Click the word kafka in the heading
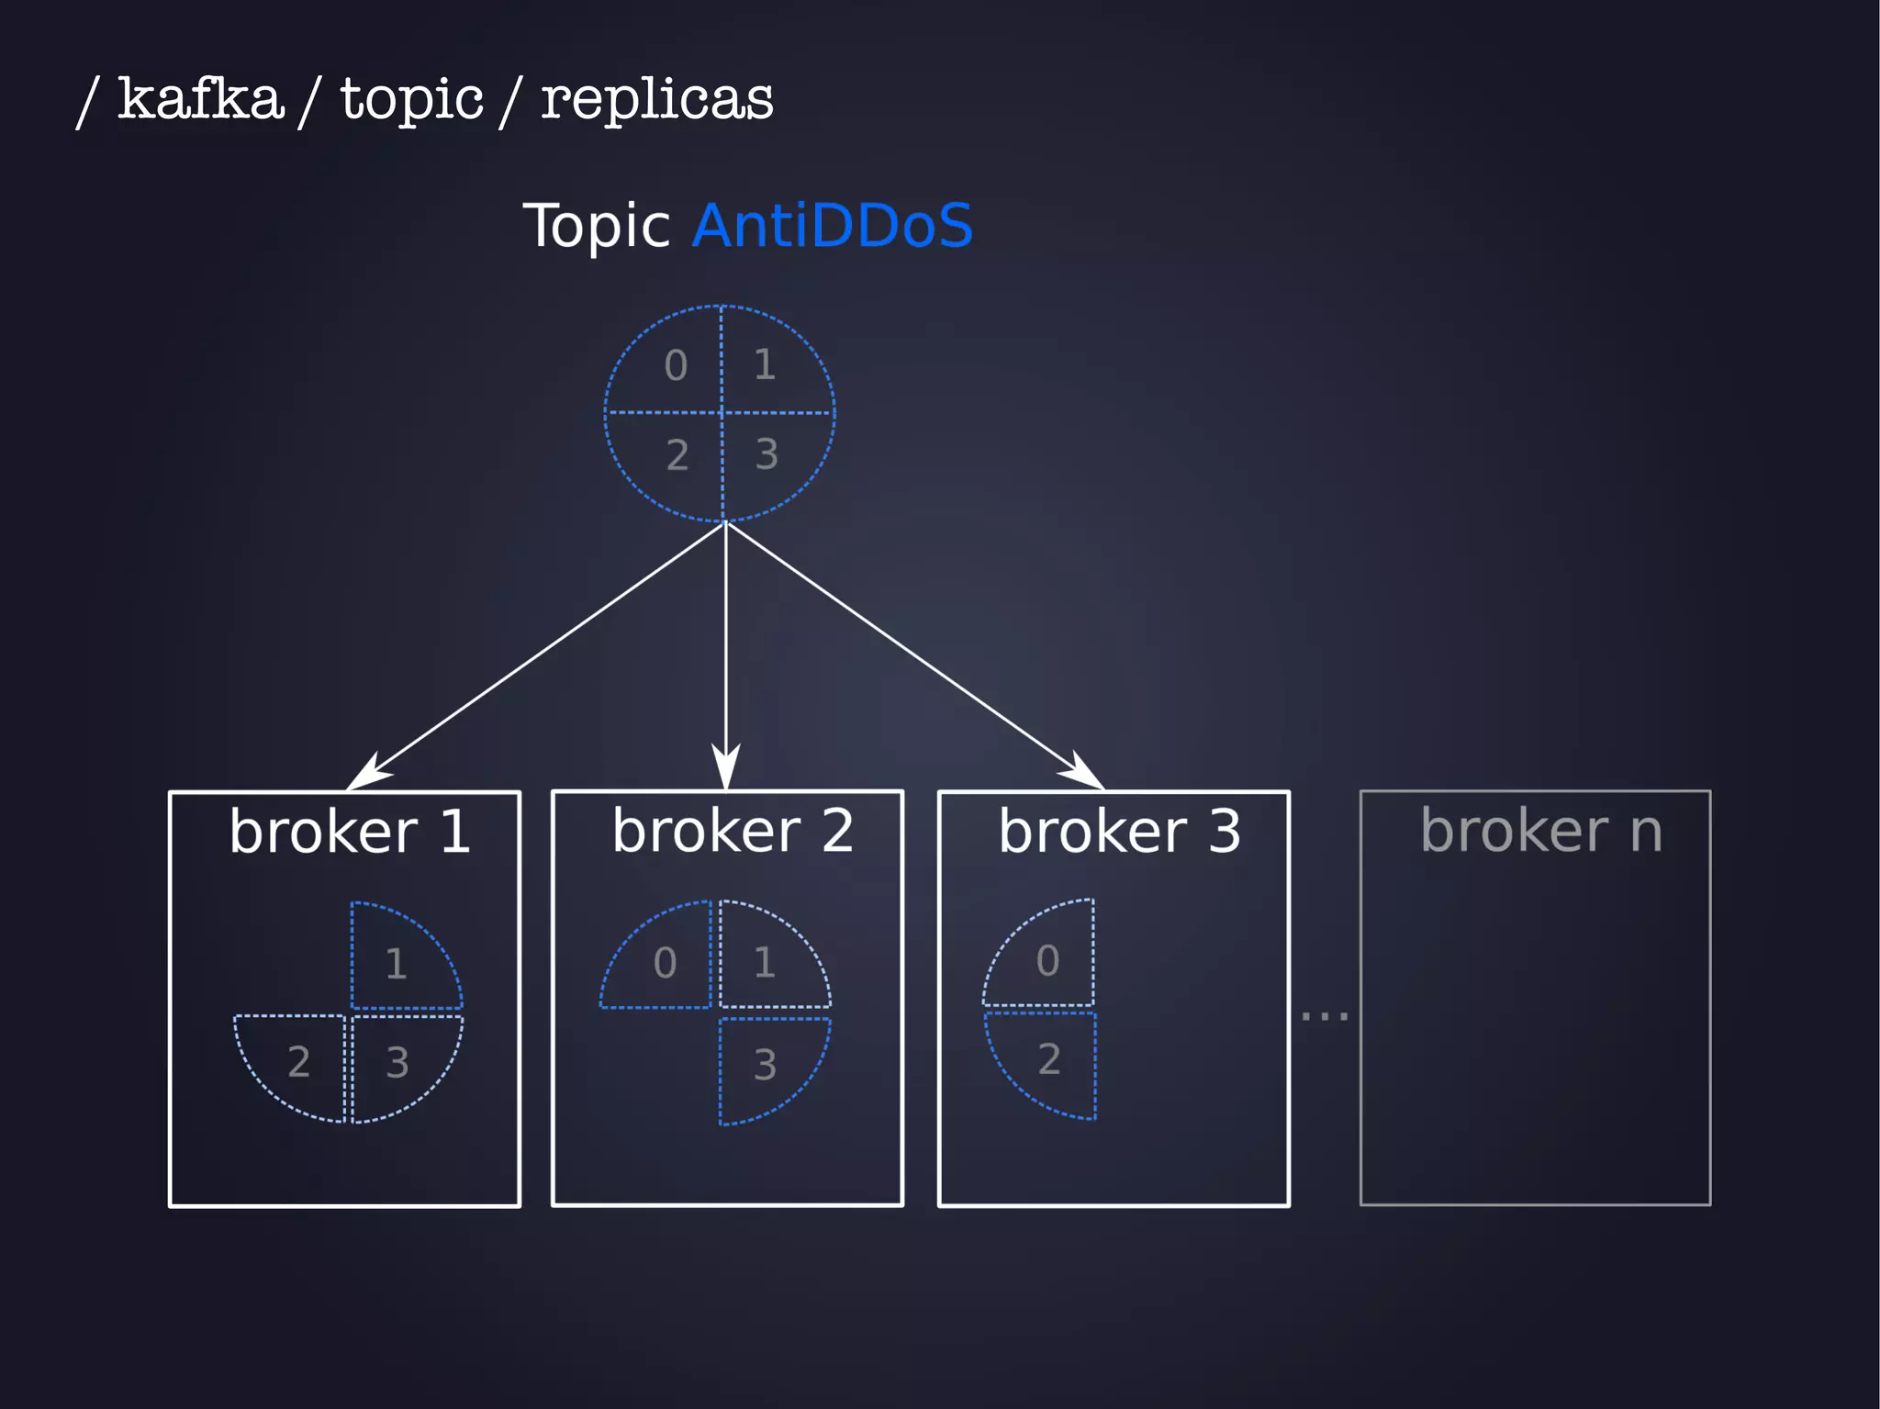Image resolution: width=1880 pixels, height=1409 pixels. click(200, 98)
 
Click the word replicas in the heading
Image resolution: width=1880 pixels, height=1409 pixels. click(656, 98)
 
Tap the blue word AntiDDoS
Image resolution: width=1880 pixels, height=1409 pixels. click(832, 225)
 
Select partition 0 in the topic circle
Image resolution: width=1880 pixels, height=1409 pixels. click(676, 365)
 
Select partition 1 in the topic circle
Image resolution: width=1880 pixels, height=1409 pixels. click(765, 364)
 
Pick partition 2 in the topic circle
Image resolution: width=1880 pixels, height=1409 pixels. click(677, 454)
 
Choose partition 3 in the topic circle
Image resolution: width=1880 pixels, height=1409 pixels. click(767, 453)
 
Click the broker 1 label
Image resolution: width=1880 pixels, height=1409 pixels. click(349, 832)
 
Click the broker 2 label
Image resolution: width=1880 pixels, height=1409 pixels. click(732, 831)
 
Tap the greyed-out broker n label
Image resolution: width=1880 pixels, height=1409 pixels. click(1540, 831)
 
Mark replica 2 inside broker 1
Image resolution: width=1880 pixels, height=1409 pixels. click(298, 1062)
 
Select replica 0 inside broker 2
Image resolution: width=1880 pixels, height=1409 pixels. click(665, 963)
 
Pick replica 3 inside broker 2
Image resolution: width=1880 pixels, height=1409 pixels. click(765, 1065)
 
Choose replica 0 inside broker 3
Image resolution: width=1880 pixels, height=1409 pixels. click(1047, 961)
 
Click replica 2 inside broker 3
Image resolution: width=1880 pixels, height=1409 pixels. click(1049, 1059)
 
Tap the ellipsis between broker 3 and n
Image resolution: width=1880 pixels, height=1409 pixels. click(1324, 1015)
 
